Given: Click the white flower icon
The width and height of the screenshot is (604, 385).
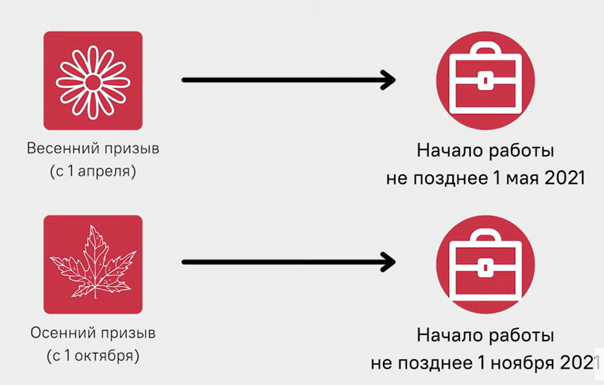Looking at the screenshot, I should (92, 81).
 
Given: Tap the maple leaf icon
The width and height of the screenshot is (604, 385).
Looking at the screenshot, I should (92, 264).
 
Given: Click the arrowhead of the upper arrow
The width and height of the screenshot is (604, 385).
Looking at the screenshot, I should (388, 80).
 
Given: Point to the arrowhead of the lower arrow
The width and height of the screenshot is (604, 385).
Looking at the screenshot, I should (388, 263).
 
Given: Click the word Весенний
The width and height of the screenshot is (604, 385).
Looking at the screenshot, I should (62, 148).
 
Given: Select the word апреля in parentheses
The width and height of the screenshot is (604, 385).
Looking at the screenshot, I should (107, 173).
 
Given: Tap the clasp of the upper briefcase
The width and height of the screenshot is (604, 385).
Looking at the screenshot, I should (485, 81).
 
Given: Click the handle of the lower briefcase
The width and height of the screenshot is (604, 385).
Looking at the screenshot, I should (485, 241).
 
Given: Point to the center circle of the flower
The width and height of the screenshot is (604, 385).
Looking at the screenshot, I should (92, 81).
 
